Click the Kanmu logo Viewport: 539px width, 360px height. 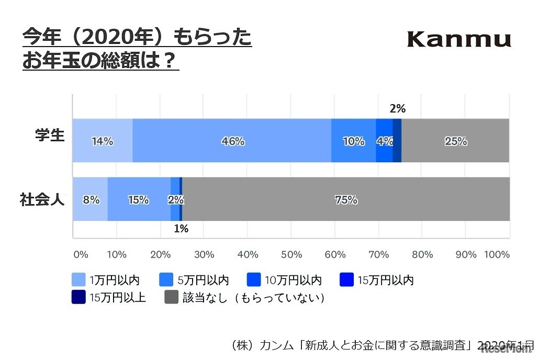458,39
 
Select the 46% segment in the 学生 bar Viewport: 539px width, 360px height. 233,141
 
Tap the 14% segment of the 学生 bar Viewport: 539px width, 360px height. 102,141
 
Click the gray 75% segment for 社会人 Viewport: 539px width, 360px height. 346,199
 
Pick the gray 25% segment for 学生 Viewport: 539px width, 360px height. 455,141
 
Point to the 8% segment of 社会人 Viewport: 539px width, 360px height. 90,199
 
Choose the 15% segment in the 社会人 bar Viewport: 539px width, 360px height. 139,199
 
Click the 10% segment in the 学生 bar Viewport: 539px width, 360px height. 354,141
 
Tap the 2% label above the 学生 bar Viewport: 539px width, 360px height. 398,109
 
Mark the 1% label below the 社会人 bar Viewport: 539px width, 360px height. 181,229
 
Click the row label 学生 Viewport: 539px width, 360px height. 50,136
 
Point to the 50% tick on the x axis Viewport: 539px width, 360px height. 291,255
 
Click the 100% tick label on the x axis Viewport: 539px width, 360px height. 497,255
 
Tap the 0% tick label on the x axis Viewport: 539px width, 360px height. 80,255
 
